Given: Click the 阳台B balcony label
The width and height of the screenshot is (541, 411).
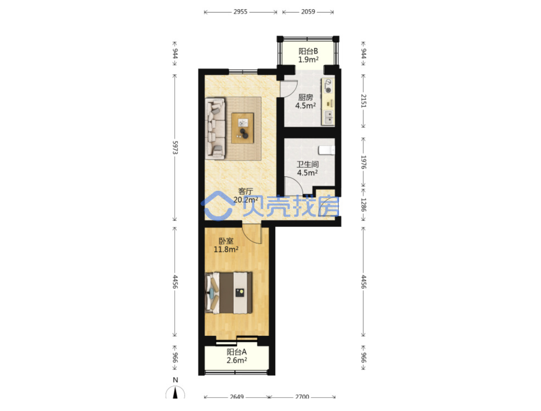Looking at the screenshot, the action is (x=308, y=52).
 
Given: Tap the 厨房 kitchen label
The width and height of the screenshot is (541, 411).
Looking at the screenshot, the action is (x=306, y=98).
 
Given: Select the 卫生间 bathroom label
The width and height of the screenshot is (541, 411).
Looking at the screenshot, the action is (x=308, y=164).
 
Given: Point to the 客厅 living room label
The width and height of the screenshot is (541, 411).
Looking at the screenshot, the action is (x=246, y=191).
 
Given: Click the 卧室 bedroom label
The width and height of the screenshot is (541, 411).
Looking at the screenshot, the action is (x=226, y=241).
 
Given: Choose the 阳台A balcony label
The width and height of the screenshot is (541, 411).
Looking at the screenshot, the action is (x=237, y=352).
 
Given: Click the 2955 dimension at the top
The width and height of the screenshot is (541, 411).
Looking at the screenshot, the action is (x=240, y=12).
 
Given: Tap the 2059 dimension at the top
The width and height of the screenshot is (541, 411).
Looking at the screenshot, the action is (x=308, y=12).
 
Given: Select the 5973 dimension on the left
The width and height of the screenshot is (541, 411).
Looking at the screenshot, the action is (x=175, y=147).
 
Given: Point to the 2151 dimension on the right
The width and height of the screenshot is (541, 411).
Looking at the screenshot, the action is (x=363, y=101).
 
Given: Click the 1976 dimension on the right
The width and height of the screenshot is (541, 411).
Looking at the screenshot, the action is (x=363, y=162).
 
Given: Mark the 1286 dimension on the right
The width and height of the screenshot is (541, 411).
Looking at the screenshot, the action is (x=363, y=205).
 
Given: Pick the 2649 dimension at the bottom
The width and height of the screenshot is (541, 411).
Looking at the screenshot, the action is (x=237, y=397).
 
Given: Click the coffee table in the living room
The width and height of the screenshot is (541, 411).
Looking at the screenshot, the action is (x=243, y=128).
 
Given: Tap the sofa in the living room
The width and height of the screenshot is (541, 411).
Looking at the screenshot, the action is (x=215, y=129).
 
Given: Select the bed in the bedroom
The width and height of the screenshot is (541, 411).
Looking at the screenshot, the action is (x=228, y=293).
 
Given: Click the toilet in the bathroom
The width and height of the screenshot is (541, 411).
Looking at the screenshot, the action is (x=327, y=150).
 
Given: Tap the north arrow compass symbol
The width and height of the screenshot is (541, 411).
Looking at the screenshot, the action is (x=175, y=392).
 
